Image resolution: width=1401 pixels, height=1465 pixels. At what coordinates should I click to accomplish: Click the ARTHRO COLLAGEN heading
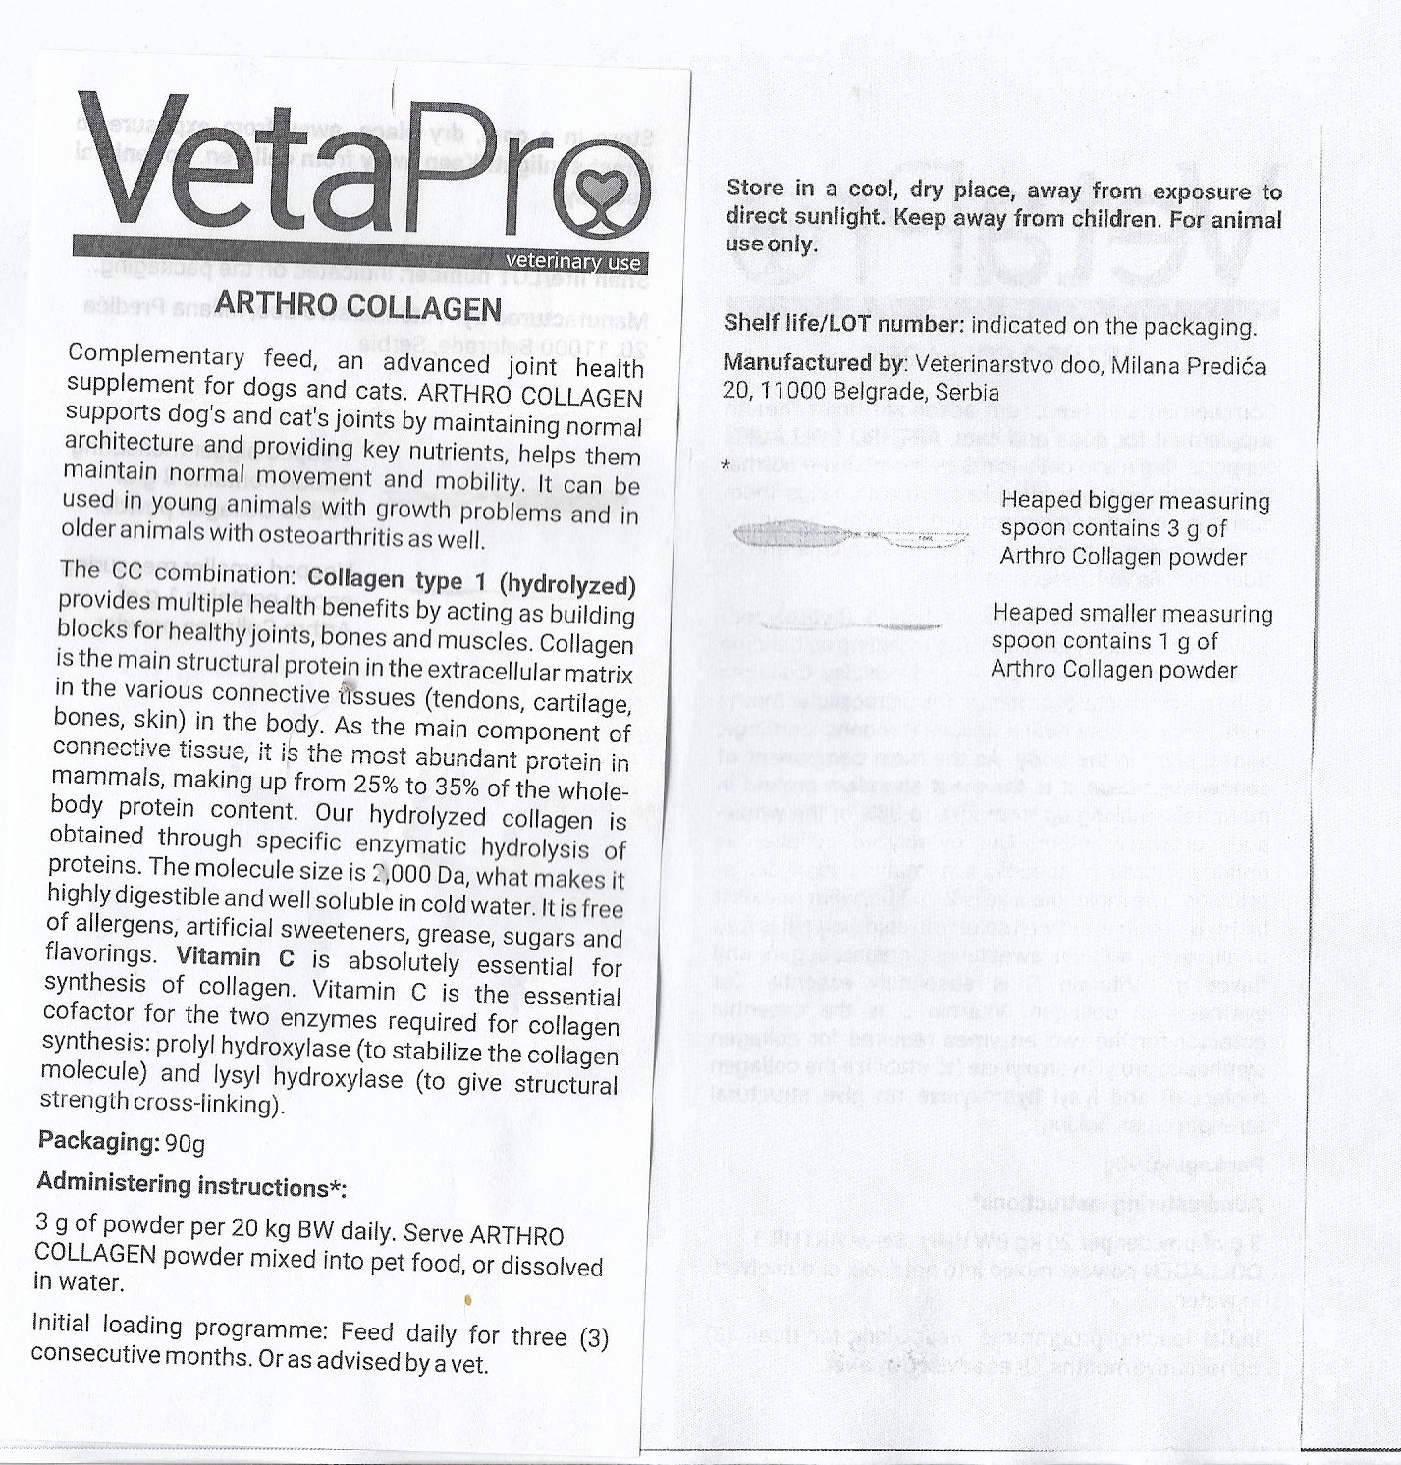[x=358, y=307]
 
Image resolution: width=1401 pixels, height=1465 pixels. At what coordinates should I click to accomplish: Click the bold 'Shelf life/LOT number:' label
[x=843, y=323]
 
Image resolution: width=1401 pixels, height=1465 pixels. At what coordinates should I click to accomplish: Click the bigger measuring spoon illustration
[x=850, y=535]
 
